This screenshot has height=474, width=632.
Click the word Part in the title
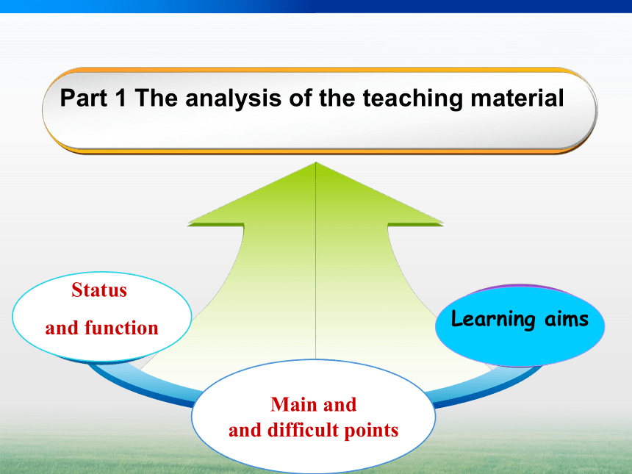coord(84,98)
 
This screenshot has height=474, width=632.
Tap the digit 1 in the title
coord(121,98)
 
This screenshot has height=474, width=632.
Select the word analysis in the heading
coord(233,98)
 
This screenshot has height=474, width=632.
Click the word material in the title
coord(517,98)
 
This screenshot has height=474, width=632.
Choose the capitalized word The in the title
coord(156,98)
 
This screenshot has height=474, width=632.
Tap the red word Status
coord(99,290)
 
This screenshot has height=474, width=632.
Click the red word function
coord(121,327)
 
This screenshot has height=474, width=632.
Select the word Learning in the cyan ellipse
coord(493,319)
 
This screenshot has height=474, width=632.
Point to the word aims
coord(567,318)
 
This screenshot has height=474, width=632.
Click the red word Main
coord(295,404)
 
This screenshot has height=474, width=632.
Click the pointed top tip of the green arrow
coord(315,162)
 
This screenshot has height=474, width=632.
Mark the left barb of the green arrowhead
coord(189,223)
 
